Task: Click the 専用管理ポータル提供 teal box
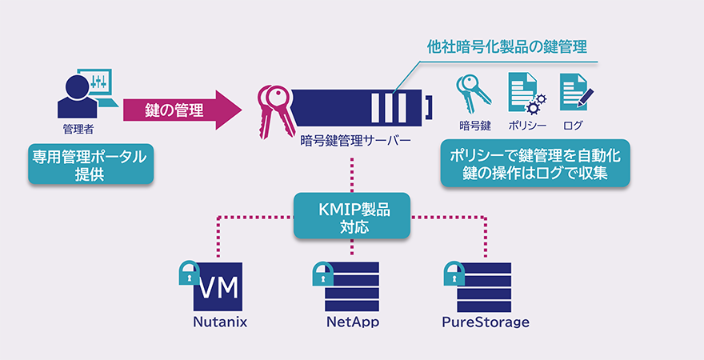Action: (89, 164)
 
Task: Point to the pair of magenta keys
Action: (273, 108)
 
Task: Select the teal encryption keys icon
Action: (473, 94)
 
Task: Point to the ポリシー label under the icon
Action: (527, 126)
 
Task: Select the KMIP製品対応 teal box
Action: (352, 216)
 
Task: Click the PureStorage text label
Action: (485, 323)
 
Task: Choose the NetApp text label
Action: (352, 323)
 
